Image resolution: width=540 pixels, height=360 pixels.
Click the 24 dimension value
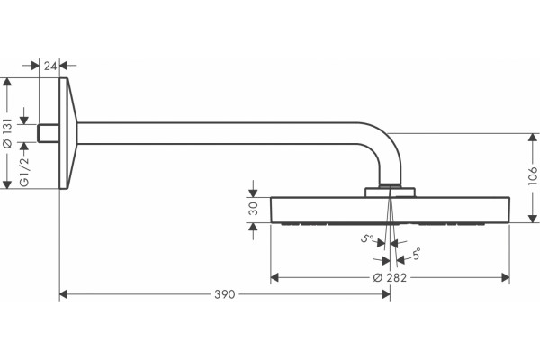tap(49, 66)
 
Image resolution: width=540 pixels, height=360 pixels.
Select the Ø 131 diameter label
tap(7, 133)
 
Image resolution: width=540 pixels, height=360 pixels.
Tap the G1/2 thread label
tap(24, 172)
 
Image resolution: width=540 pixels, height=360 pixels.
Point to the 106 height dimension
tap(533, 175)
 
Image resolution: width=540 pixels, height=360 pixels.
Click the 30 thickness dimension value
tap(254, 209)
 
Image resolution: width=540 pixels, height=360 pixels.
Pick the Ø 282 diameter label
tap(390, 278)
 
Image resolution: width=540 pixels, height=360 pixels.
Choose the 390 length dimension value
tap(224, 294)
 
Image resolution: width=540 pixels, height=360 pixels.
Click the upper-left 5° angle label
tap(367, 238)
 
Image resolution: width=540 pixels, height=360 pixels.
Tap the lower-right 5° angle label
tap(416, 254)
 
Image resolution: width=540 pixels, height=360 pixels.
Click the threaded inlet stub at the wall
tap(49, 133)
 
